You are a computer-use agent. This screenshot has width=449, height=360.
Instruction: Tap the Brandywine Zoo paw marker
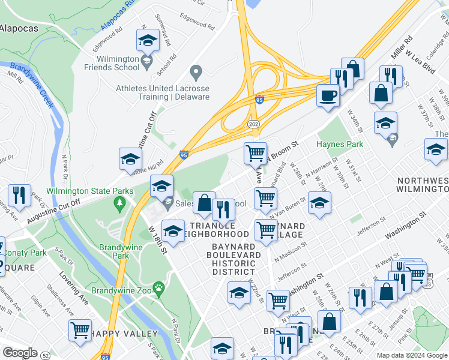(158, 289)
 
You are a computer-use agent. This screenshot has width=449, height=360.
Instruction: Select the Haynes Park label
(340, 144)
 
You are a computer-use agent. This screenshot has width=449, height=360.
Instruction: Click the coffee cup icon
(328, 95)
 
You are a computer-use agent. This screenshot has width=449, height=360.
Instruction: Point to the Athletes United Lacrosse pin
(194, 73)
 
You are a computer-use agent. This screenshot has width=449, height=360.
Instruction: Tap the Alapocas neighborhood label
(19, 28)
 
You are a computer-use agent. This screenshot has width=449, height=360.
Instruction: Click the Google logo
(20, 353)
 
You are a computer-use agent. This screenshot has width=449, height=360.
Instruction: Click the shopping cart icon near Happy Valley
(80, 329)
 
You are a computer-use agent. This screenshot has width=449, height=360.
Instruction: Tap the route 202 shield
(252, 124)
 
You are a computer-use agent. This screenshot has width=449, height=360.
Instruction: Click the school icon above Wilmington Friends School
(147, 41)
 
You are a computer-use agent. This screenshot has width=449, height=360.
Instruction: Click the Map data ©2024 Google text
(412, 355)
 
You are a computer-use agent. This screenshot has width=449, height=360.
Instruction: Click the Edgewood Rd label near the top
(194, 26)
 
